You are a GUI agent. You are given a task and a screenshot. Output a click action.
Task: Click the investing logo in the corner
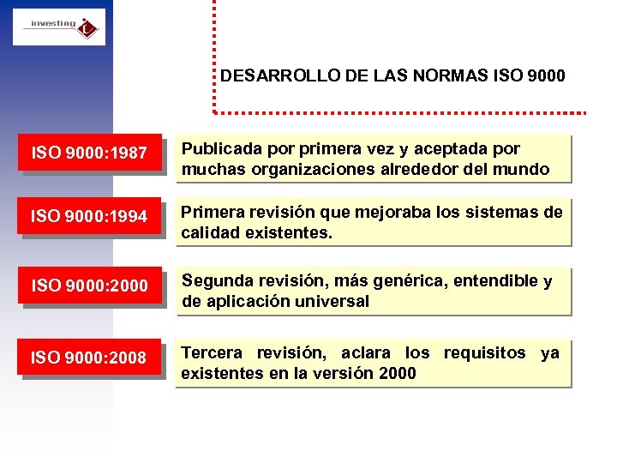58,27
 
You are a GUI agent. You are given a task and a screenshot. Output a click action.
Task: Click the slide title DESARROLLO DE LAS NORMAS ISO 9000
392,75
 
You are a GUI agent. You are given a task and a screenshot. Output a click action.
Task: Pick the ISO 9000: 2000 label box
89,286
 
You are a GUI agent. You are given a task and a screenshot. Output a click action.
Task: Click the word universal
334,302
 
